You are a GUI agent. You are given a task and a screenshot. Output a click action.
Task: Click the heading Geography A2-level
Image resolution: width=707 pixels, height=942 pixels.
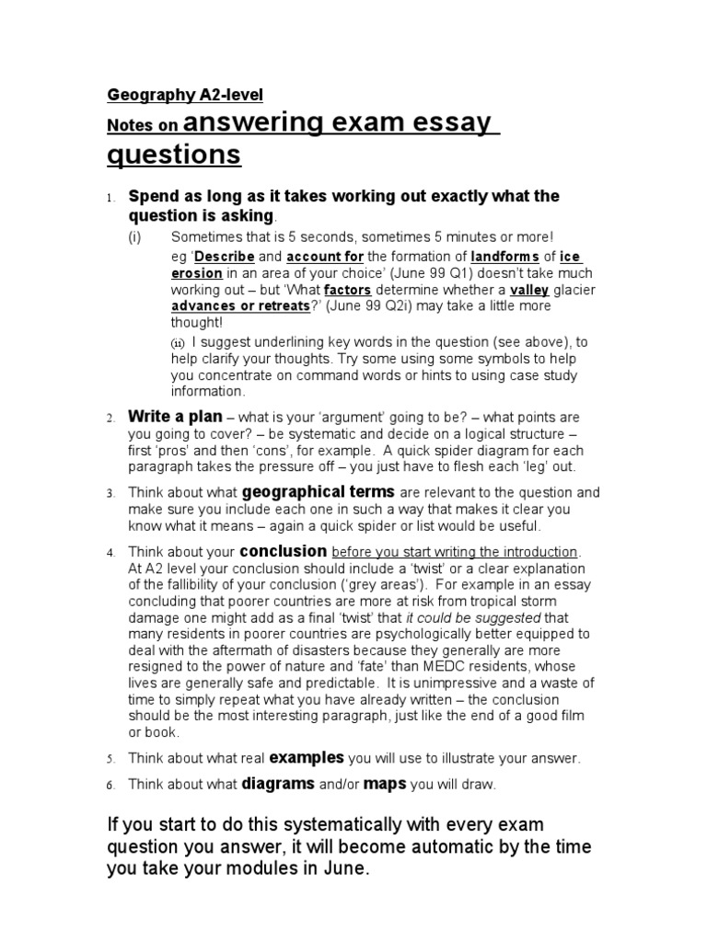(185, 95)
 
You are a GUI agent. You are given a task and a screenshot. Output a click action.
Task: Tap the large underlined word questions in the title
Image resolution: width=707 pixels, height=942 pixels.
(174, 154)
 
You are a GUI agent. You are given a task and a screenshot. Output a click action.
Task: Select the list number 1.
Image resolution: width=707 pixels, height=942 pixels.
(108, 198)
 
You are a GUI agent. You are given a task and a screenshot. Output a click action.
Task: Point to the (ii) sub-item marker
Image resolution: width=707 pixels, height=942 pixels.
(179, 343)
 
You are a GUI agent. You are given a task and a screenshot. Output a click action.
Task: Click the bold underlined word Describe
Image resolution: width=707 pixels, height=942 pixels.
(224, 256)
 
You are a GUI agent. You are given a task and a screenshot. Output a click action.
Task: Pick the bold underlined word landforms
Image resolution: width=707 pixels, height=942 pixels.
(504, 256)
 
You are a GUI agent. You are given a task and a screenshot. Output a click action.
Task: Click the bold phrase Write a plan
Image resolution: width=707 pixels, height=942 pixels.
(175, 417)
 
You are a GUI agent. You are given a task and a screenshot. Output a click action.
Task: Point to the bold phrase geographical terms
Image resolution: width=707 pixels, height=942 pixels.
(319, 491)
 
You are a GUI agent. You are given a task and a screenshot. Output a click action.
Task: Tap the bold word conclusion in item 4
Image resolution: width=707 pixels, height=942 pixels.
(283, 551)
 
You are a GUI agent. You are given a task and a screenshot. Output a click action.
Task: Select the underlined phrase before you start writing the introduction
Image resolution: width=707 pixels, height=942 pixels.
(455, 552)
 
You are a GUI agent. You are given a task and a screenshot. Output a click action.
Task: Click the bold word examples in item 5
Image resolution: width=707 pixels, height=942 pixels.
(306, 758)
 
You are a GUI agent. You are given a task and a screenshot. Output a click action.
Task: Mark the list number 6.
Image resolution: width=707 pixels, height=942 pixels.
(109, 787)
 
